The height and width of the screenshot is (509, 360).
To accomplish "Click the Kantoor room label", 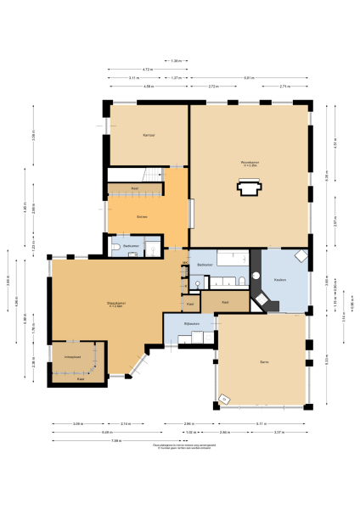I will point(148,135).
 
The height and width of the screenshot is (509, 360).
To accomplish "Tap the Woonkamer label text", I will point(250,164).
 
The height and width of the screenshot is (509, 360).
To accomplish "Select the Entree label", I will point(142,217).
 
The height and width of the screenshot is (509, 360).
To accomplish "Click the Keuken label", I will point(279,280).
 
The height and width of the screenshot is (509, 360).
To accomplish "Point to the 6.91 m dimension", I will point(248,78).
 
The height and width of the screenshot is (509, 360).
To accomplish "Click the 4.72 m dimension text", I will point(147,70).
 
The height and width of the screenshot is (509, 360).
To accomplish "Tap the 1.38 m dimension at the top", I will point(176,61).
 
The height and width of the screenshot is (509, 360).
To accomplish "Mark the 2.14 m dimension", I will point(125,423).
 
